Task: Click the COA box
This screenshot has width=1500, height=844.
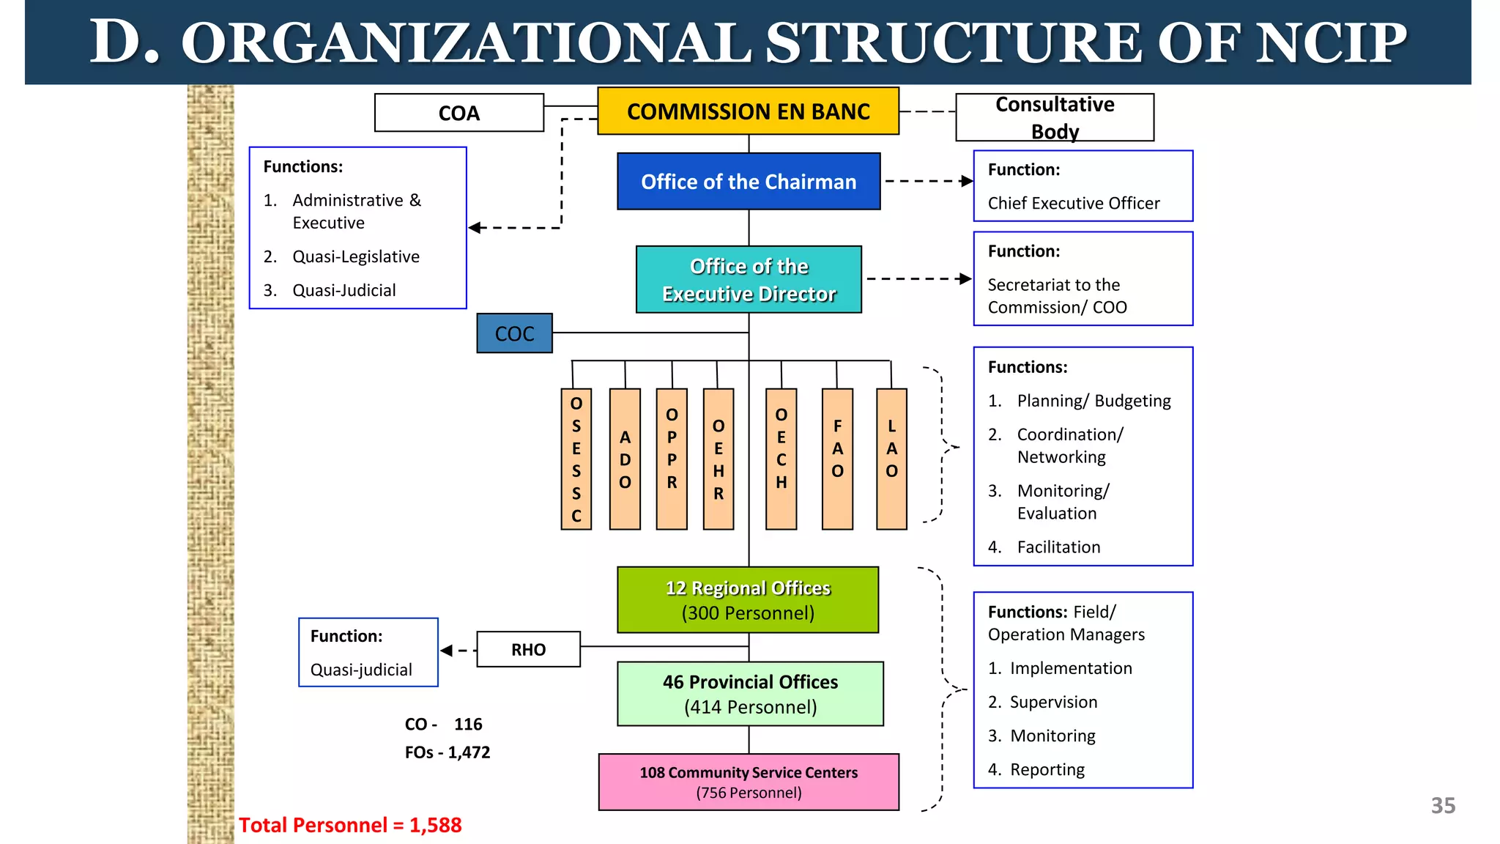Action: click(x=459, y=113)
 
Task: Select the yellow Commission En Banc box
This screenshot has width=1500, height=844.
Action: click(x=748, y=111)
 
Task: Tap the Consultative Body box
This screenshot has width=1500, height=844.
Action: click(x=1055, y=117)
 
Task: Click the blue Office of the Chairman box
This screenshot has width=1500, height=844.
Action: click(x=749, y=182)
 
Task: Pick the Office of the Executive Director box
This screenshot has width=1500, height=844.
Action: click(x=749, y=280)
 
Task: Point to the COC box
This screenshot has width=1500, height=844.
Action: click(x=514, y=333)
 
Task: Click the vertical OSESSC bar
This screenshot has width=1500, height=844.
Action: click(x=576, y=459)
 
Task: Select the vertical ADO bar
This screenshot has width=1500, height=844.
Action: click(x=625, y=459)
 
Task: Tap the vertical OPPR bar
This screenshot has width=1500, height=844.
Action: click(x=672, y=459)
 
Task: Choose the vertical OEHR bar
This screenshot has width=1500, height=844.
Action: click(x=719, y=459)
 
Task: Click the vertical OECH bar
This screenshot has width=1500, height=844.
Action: click(x=781, y=459)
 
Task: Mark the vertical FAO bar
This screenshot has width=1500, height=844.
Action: click(x=837, y=459)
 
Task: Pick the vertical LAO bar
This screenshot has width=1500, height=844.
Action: click(x=891, y=459)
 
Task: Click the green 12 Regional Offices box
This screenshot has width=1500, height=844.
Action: click(x=748, y=600)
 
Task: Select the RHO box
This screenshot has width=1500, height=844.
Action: click(x=528, y=650)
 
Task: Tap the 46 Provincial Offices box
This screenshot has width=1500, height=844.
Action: click(x=750, y=694)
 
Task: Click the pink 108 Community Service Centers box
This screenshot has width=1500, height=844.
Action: click(x=749, y=782)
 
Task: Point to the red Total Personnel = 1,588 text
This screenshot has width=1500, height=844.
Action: click(x=350, y=826)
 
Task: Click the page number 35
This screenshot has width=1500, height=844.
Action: click(x=1443, y=806)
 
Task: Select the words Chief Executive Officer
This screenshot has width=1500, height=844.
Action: click(x=1074, y=204)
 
